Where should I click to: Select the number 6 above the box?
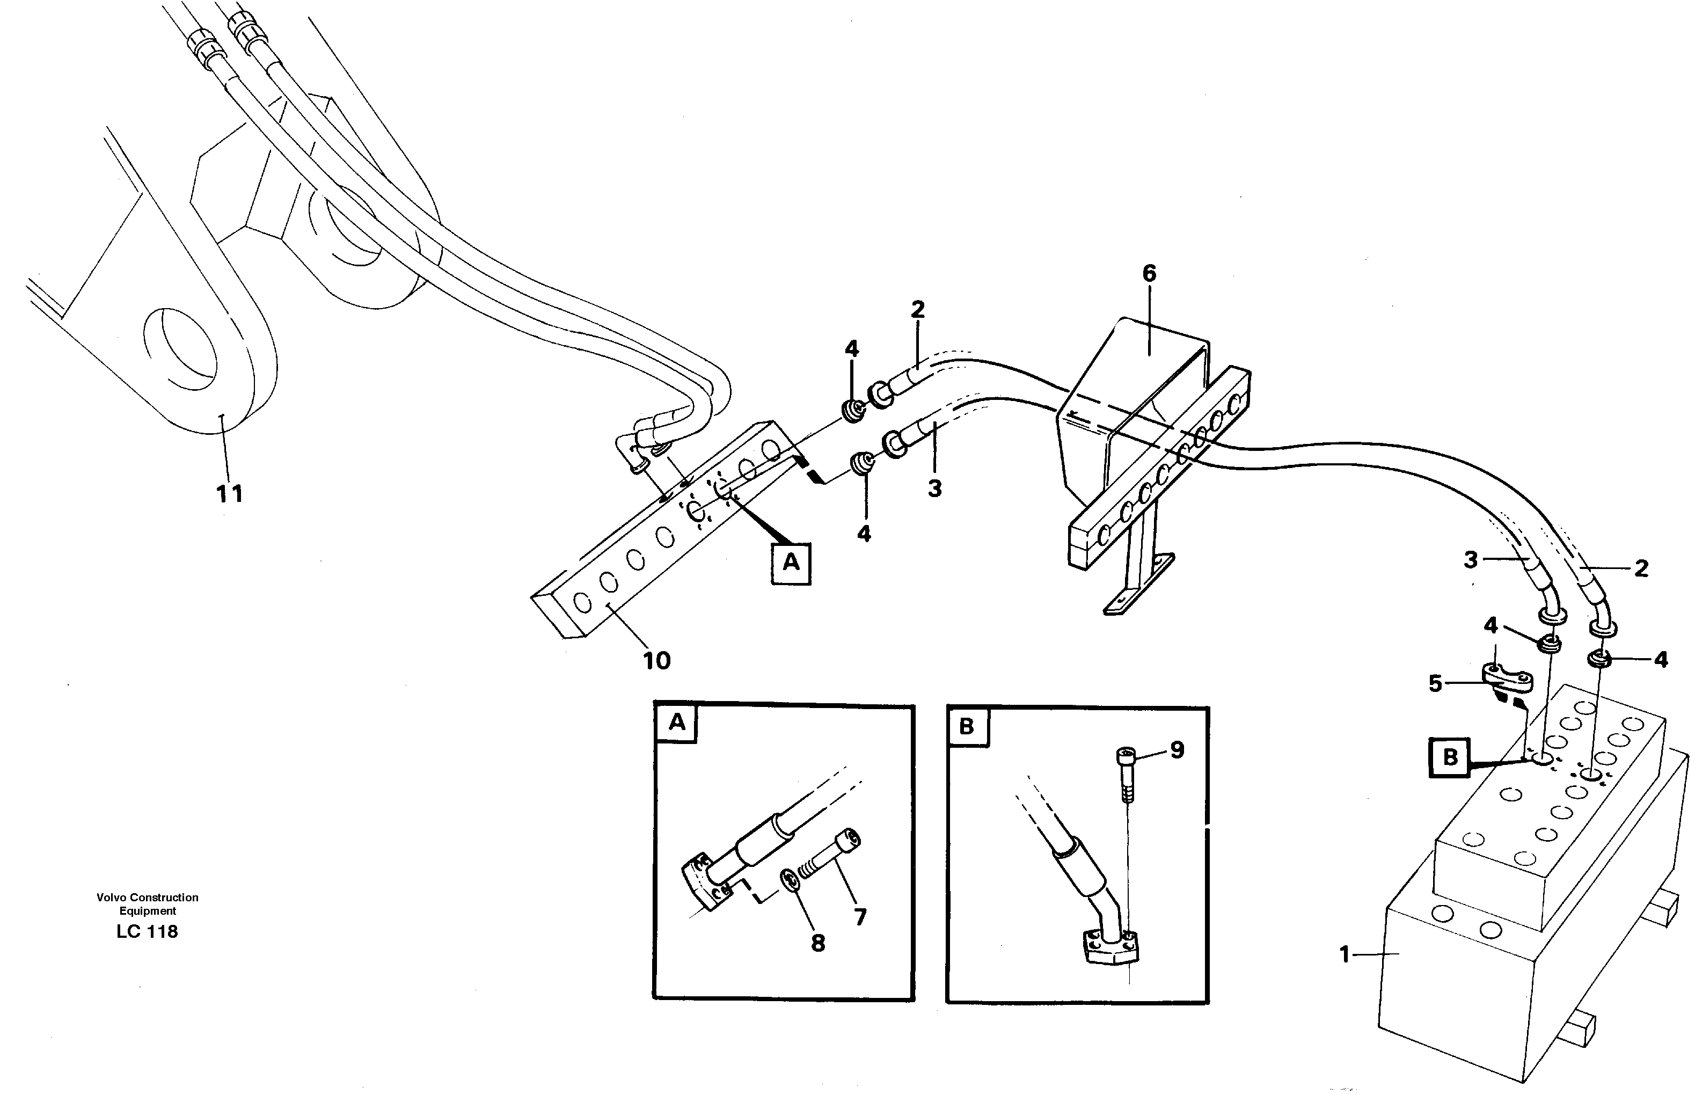click(1149, 274)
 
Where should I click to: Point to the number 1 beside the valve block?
click(1344, 954)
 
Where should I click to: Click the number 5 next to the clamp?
click(1435, 684)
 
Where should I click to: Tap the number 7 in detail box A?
click(860, 917)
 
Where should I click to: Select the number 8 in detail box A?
click(817, 943)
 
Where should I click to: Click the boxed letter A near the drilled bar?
click(791, 563)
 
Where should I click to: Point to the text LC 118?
click(147, 931)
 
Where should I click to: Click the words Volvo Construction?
click(147, 897)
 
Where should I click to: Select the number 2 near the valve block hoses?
click(1641, 568)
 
